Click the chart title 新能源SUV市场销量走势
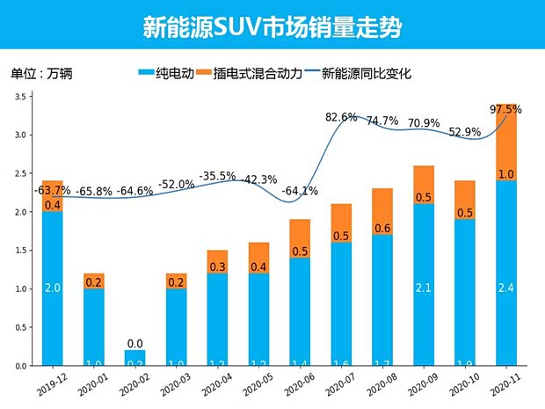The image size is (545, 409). [272, 27]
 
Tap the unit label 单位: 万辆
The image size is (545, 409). [41, 74]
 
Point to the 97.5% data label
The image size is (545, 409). [505, 110]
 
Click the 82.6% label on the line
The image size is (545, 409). [341, 117]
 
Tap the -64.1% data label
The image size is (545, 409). [299, 191]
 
